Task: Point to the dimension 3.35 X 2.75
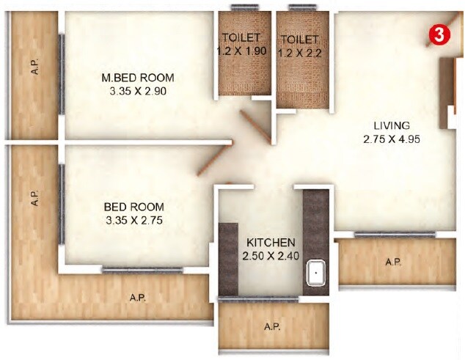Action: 133,220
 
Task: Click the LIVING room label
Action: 391,125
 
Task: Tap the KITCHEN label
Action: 271,242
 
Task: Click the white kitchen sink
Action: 315,274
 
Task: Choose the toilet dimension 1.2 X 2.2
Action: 299,51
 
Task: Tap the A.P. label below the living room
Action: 392,262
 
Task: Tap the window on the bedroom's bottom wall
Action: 133,271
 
